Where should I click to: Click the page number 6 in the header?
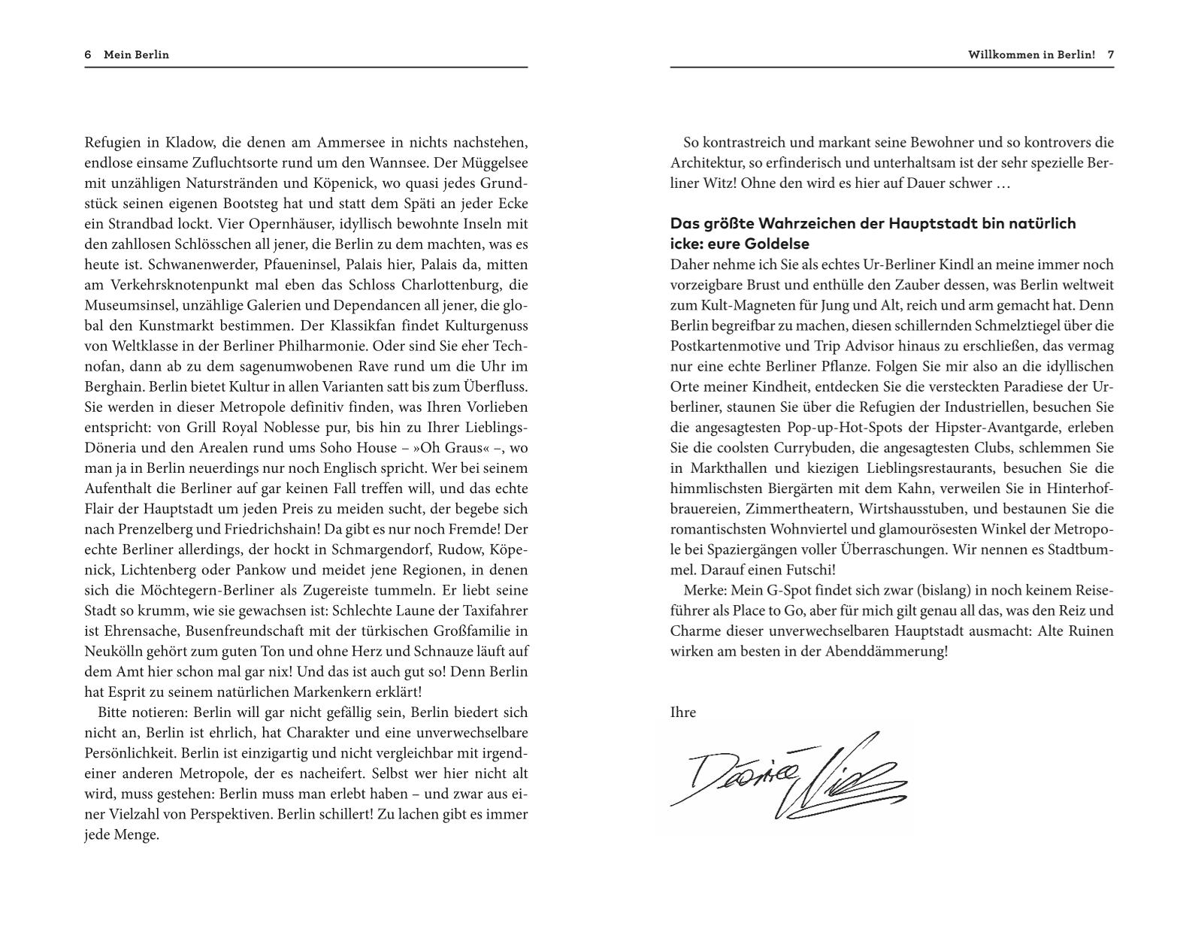[x=88, y=55]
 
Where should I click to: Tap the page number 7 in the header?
[x=1110, y=55]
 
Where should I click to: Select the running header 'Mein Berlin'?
[x=136, y=55]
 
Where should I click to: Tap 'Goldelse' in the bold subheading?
[x=777, y=244]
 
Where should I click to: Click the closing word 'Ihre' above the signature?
[x=683, y=713]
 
